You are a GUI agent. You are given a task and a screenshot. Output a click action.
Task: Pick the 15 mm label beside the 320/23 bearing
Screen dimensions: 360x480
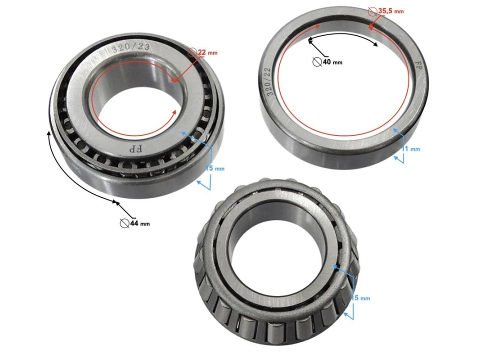tap(215, 168)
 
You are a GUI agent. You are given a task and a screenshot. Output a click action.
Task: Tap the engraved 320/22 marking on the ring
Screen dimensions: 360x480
tap(270, 83)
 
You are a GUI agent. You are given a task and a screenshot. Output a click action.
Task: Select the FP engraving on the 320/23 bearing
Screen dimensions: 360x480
tap(135, 148)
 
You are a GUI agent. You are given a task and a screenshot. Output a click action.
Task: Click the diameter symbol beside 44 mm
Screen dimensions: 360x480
tap(124, 223)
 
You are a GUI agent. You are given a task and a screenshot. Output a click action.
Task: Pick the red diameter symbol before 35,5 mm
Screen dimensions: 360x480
tap(372, 11)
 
